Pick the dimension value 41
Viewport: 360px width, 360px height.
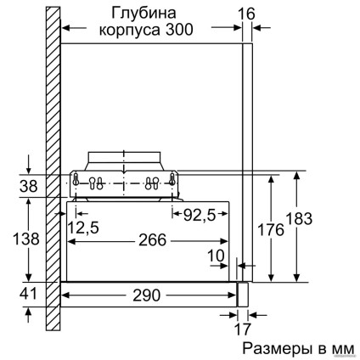[28, 294]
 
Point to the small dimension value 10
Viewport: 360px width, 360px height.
[217, 255]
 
